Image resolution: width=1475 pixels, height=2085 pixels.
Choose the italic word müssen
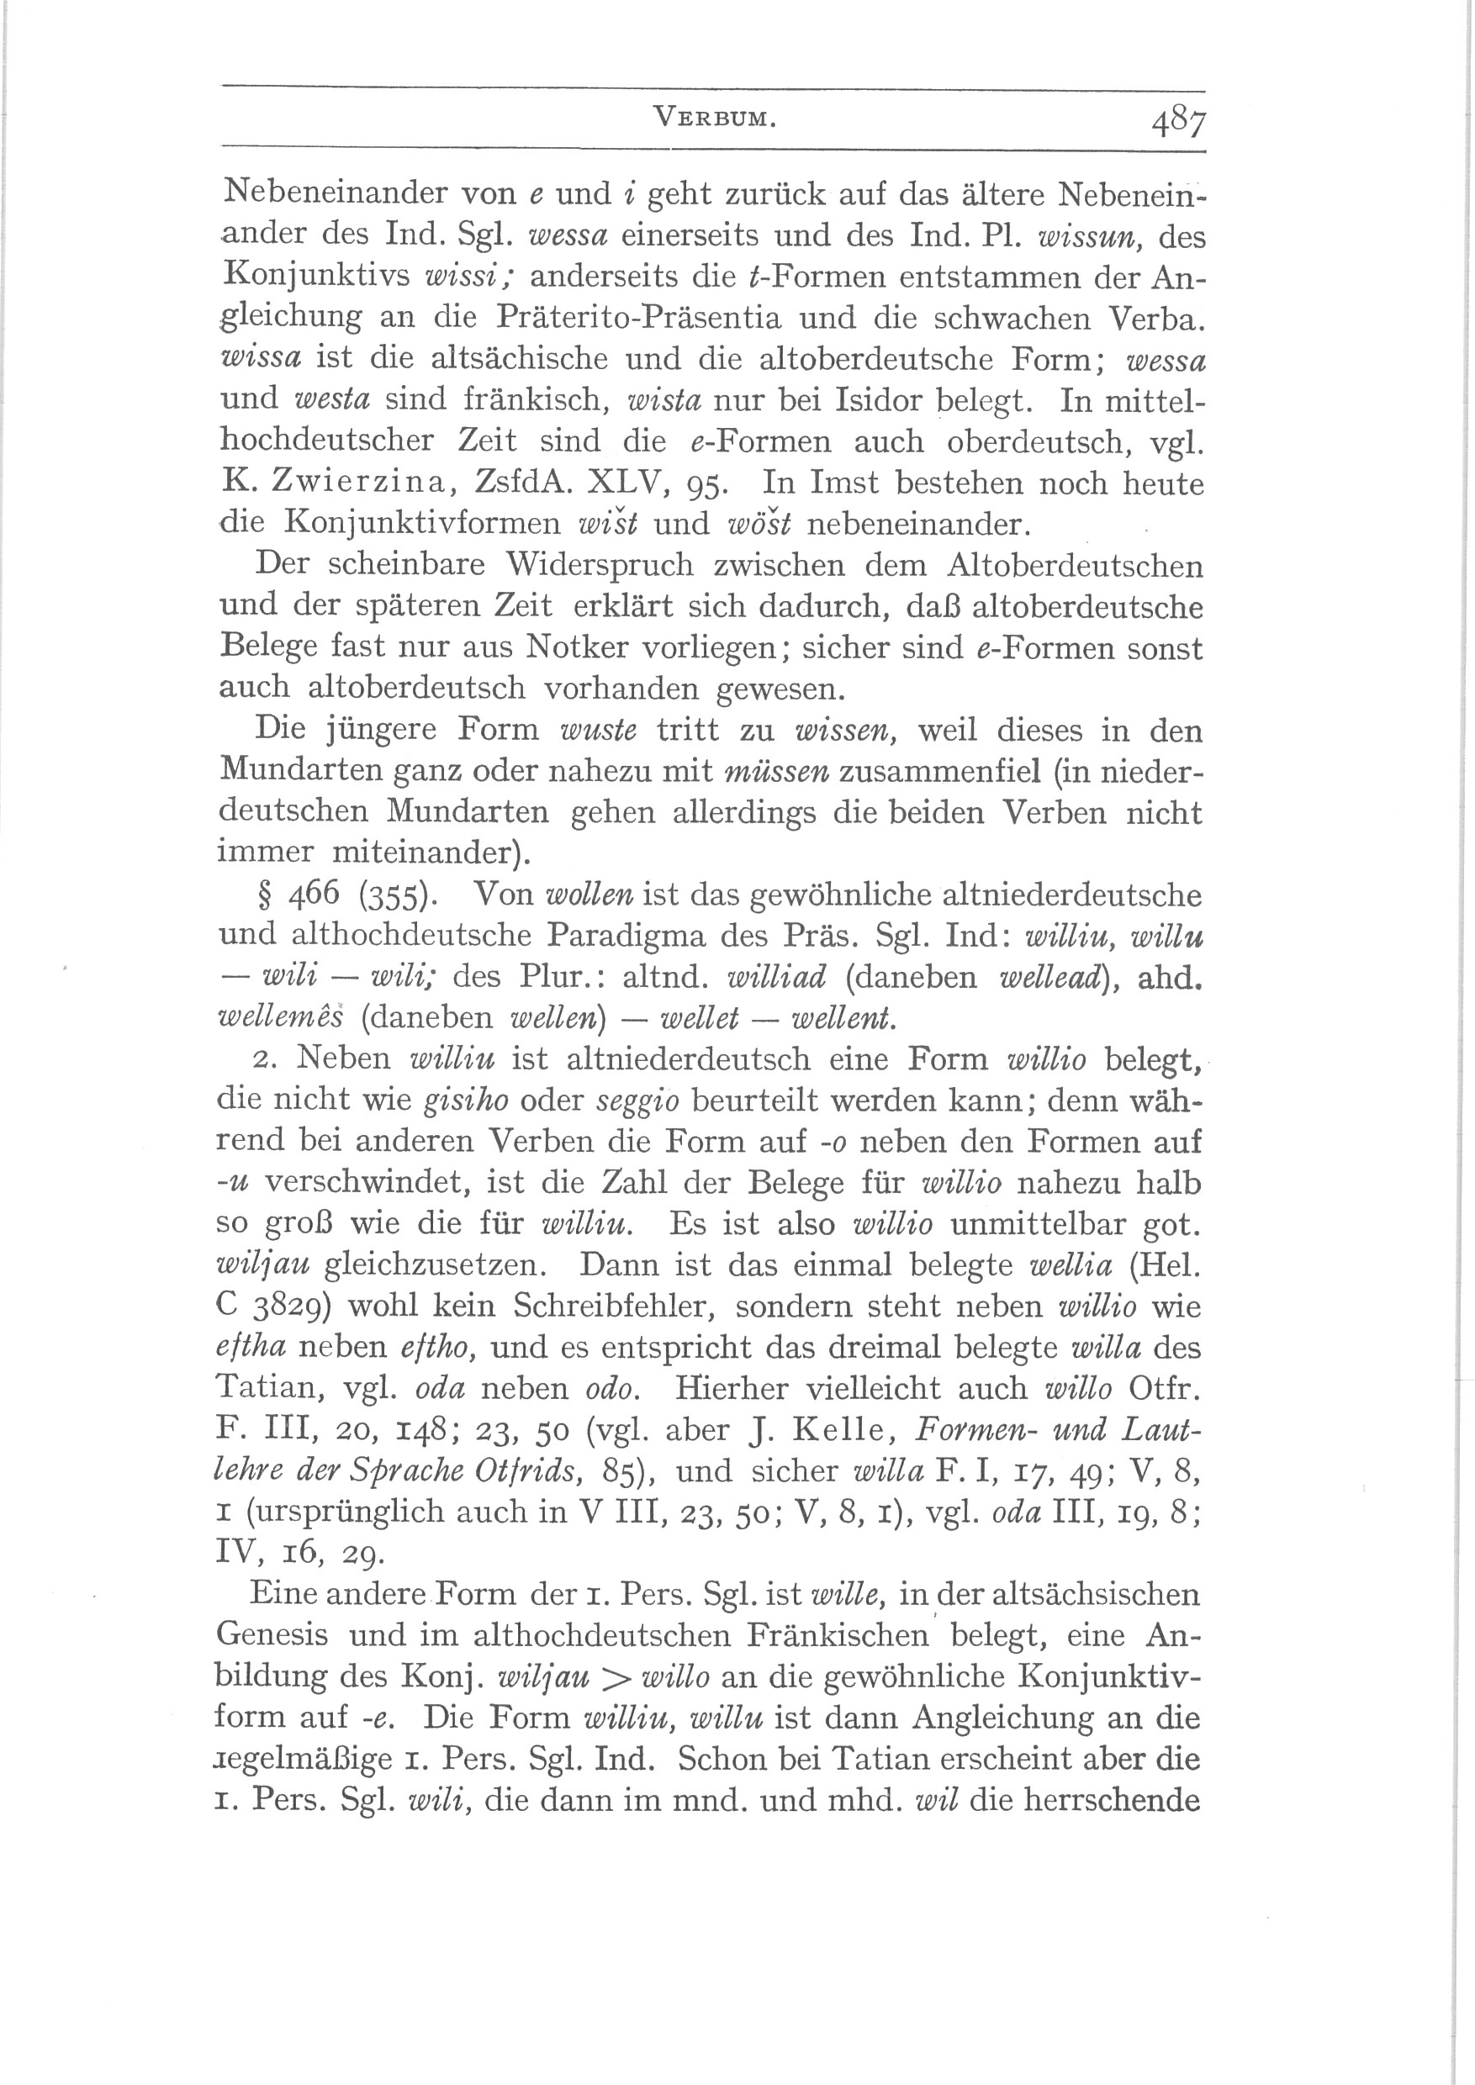point(779,772)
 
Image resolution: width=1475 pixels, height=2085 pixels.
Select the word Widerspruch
point(599,565)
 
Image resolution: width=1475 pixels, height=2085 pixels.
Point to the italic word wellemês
point(281,1018)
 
